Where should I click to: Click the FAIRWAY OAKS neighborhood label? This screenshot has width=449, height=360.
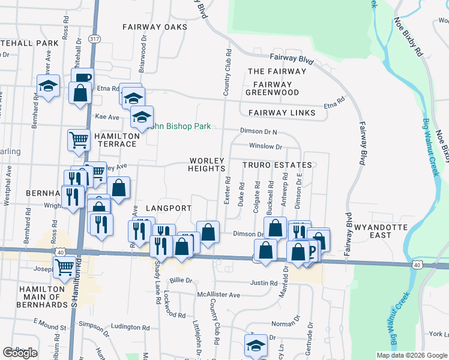coord(155,27)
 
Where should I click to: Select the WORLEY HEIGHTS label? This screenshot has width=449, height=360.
coord(206,165)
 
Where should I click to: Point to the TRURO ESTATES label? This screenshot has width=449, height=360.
coord(277,165)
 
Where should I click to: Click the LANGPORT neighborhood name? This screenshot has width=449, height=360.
coord(168,208)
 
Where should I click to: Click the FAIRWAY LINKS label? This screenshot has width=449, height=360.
coord(277,113)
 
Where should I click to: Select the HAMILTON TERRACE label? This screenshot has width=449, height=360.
coord(115,140)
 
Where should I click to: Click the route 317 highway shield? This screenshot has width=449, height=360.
coord(94,38)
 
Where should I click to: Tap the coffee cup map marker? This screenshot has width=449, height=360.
coord(82,77)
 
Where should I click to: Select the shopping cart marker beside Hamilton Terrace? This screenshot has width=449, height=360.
coord(79,140)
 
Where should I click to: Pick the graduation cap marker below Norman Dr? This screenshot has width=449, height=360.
coord(255,346)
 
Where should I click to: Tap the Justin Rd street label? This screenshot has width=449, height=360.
coord(264,283)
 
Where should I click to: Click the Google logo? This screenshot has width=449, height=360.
coord(20,352)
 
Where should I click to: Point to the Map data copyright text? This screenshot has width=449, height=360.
coord(411,355)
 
